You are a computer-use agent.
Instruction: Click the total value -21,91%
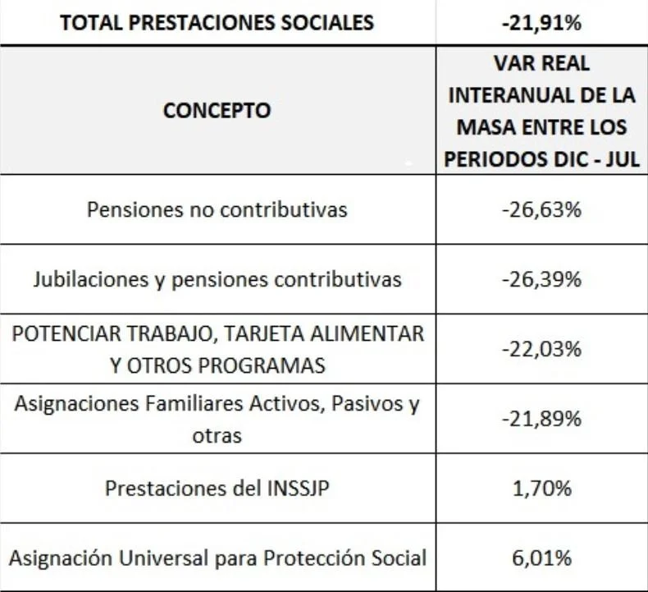pyautogui.click(x=541, y=22)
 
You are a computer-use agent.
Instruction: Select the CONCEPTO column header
pyautogui.click(x=217, y=110)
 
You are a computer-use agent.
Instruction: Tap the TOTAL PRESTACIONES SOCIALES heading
pyautogui.click(x=217, y=22)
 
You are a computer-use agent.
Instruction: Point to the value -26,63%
pyautogui.click(x=541, y=209)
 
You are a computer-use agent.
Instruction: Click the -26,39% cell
pyautogui.click(x=541, y=279)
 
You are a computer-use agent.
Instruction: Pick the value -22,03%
pyautogui.click(x=541, y=349)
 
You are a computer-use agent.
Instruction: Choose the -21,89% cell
pyautogui.click(x=541, y=419)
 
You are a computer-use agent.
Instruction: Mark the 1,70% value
pyautogui.click(x=541, y=489)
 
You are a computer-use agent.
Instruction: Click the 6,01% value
pyautogui.click(x=541, y=558)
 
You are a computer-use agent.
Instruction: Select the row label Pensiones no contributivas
pyautogui.click(x=217, y=209)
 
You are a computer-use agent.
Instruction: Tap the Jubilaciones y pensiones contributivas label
pyautogui.click(x=217, y=279)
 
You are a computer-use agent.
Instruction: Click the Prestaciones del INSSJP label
pyautogui.click(x=217, y=489)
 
